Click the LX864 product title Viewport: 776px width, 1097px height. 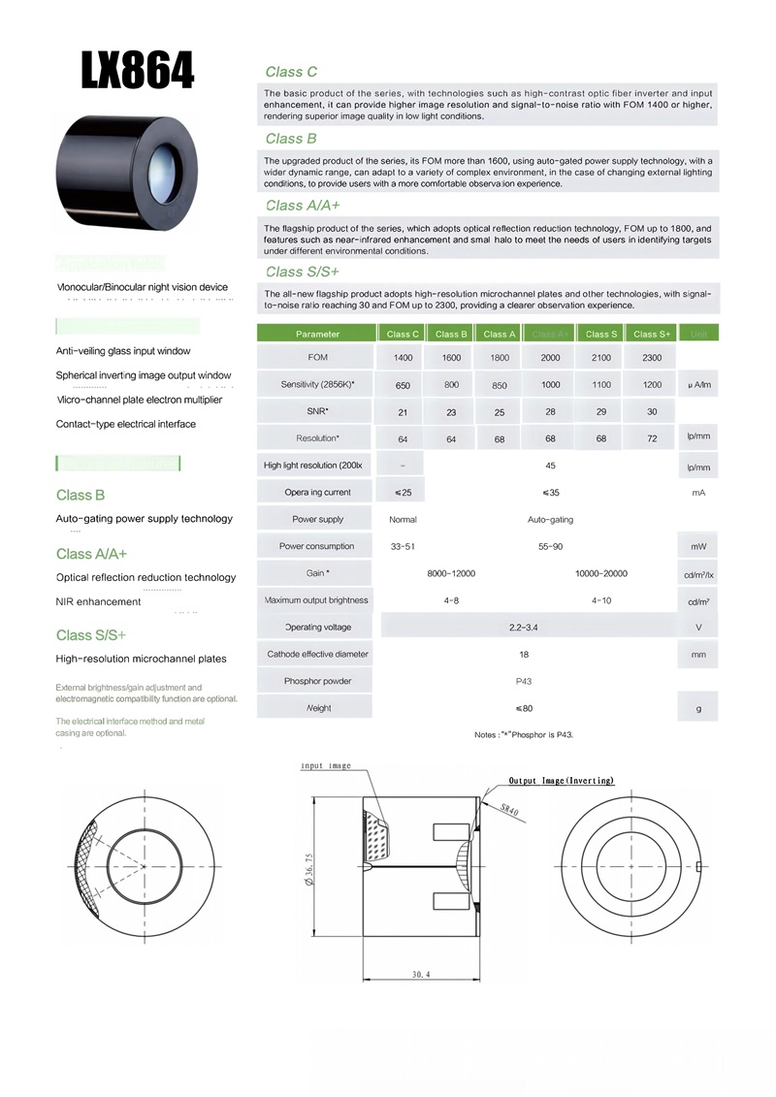coord(138,71)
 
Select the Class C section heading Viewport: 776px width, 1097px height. coord(291,72)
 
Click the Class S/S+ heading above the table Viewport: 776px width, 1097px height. coord(302,271)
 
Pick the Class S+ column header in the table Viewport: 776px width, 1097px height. coord(652,334)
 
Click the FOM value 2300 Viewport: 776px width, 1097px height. coord(652,358)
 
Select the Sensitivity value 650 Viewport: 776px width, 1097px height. coord(403,385)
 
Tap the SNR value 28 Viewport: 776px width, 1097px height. coord(551,412)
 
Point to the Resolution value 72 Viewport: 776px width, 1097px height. coord(652,438)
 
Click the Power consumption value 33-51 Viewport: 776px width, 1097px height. coord(403,546)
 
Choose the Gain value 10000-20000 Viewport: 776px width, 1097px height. coord(601,573)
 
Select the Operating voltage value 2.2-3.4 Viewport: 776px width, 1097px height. coord(524,628)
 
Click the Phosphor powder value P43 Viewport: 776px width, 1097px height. coord(524,681)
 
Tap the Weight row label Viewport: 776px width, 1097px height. coord(318,708)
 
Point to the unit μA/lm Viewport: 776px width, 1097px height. coord(698,385)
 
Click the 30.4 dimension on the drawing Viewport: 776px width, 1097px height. coord(421,973)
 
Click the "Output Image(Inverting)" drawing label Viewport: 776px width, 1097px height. coord(562,781)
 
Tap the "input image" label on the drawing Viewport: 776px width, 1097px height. coord(326,766)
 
